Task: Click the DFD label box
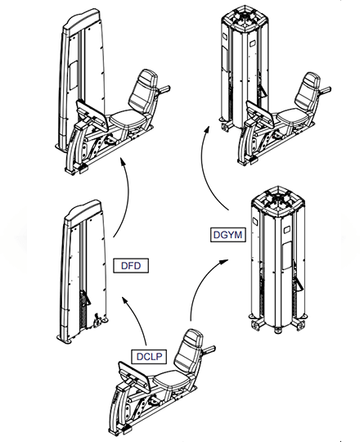[131, 265]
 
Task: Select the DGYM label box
[228, 235]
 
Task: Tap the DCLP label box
[149, 357]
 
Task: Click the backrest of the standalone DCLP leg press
[188, 350]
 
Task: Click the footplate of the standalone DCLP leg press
[133, 375]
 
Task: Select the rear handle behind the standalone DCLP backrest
[209, 350]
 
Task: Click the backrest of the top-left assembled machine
[143, 91]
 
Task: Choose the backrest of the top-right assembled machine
[308, 90]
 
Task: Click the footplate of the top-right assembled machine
[259, 115]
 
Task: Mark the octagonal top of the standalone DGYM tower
[278, 201]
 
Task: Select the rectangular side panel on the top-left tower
[74, 75]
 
